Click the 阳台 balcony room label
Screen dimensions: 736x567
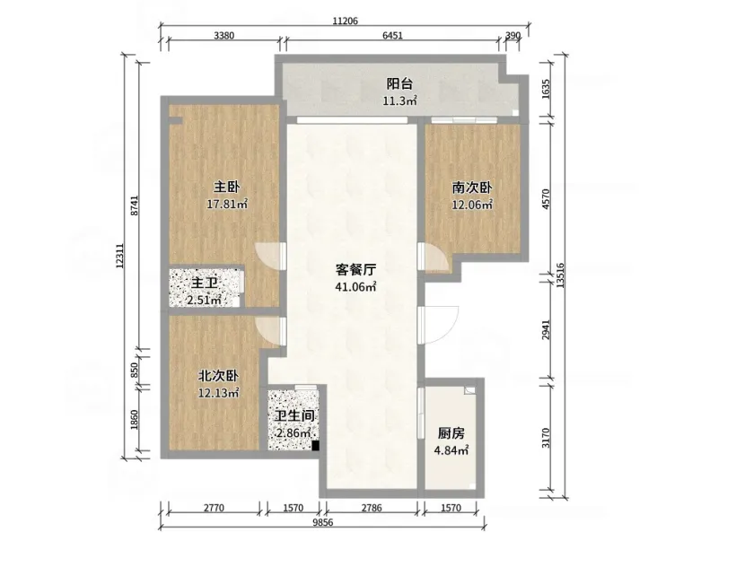(399, 84)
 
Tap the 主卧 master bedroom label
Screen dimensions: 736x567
(227, 188)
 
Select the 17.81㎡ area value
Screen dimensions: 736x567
(227, 204)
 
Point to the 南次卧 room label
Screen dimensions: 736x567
(472, 188)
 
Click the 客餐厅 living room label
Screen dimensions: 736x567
(355, 270)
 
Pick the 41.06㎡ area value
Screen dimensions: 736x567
(355, 286)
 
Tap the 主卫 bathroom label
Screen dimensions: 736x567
(206, 283)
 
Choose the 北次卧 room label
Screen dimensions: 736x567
(218, 376)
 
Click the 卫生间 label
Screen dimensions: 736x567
(294, 415)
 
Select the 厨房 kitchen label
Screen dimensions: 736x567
(451, 433)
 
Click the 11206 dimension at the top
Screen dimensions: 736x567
(345, 22)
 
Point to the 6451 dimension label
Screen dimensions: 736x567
(392, 36)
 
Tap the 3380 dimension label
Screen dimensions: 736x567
(223, 36)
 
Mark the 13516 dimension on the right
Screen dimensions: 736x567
(560, 275)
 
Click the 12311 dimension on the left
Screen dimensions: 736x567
(119, 256)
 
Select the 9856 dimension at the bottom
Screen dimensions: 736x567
(323, 522)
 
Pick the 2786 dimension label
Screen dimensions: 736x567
(372, 508)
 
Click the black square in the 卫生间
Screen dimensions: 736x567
(316, 446)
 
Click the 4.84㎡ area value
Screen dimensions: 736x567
(451, 450)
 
